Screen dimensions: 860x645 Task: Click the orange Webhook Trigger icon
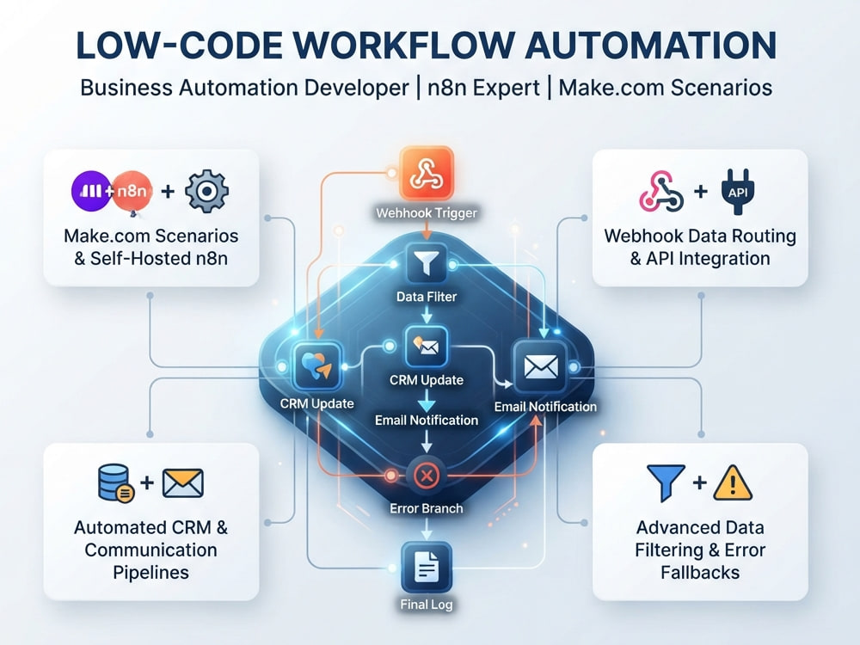point(427,173)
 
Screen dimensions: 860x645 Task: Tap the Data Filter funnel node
point(427,264)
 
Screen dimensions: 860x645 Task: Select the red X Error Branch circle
point(427,476)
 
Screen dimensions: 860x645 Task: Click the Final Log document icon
point(427,566)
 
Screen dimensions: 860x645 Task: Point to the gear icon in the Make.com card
point(206,192)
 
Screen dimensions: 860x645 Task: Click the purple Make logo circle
point(92,191)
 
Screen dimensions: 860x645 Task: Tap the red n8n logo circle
point(132,192)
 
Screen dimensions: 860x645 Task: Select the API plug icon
point(738,192)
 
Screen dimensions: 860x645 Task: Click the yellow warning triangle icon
point(733,483)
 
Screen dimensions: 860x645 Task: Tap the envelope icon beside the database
point(183,483)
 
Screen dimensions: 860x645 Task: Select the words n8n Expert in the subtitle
point(483,88)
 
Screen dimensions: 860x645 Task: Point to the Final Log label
point(427,605)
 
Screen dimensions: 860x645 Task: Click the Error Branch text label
point(427,508)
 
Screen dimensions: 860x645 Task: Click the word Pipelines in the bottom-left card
point(150,573)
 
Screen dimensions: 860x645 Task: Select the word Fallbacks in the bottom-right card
point(700,573)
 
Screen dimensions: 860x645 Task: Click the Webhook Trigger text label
point(427,212)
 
